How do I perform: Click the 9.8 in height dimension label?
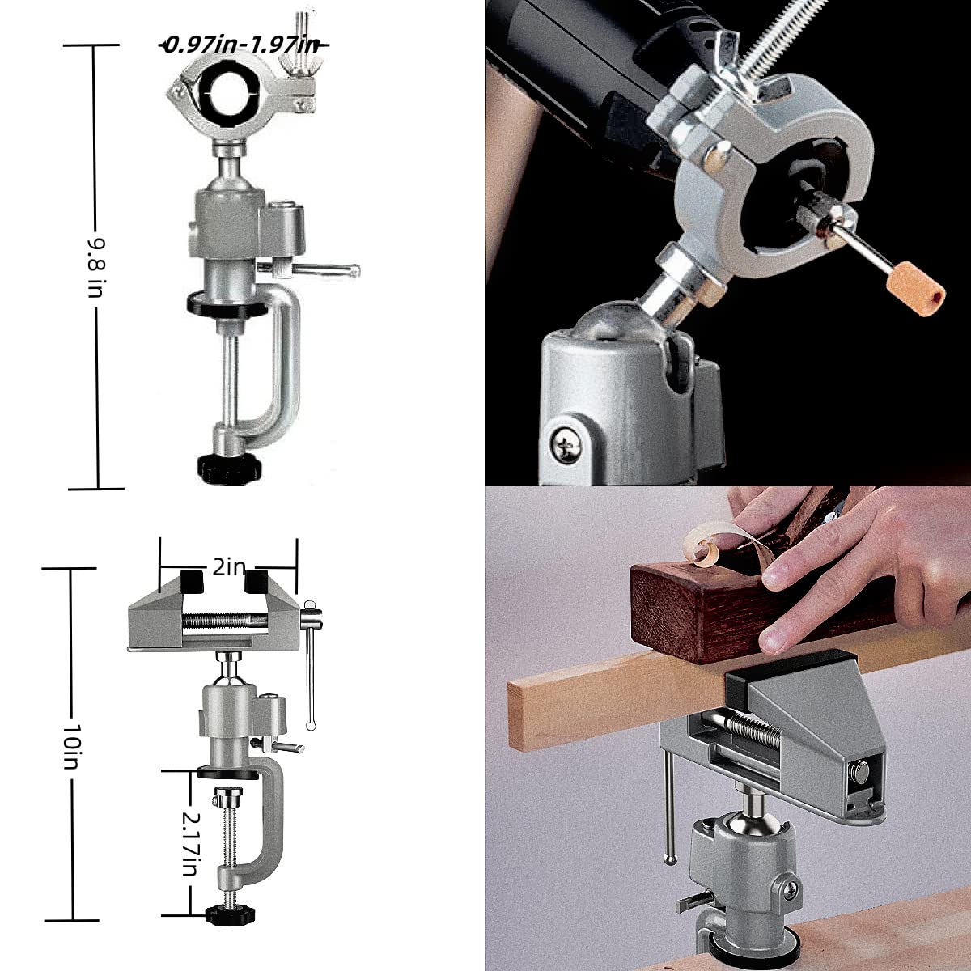(95, 266)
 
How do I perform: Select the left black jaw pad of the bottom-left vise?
(193, 580)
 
